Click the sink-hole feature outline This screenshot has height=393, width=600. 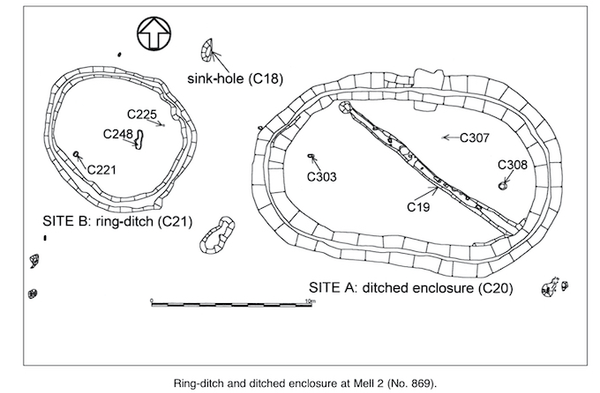click(209, 52)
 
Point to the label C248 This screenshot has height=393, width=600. click(117, 134)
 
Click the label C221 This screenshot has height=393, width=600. click(101, 168)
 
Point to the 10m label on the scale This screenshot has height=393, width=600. click(309, 300)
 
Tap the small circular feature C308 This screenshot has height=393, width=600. click(503, 185)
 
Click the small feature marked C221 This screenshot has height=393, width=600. click(78, 155)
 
